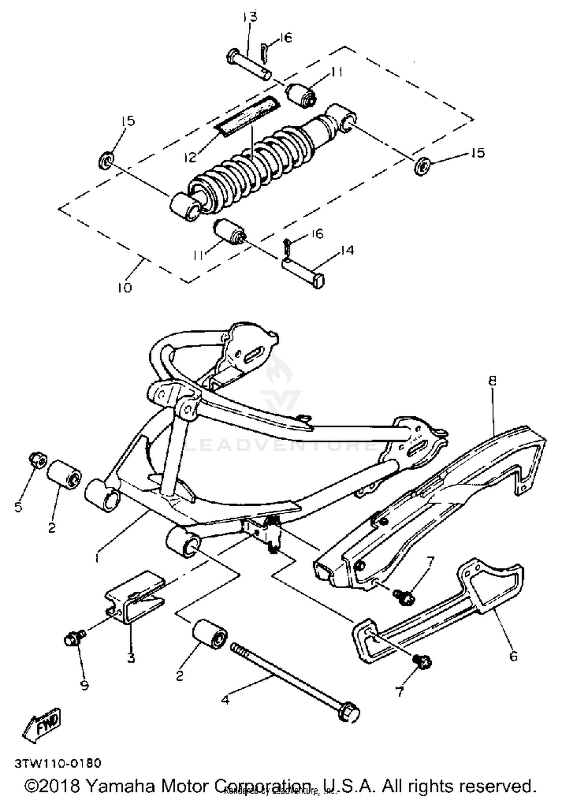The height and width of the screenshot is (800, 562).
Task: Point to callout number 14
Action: tap(348, 250)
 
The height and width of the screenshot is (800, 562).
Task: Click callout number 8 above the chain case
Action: tap(492, 381)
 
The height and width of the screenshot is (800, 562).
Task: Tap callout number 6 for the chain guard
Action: tap(513, 655)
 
